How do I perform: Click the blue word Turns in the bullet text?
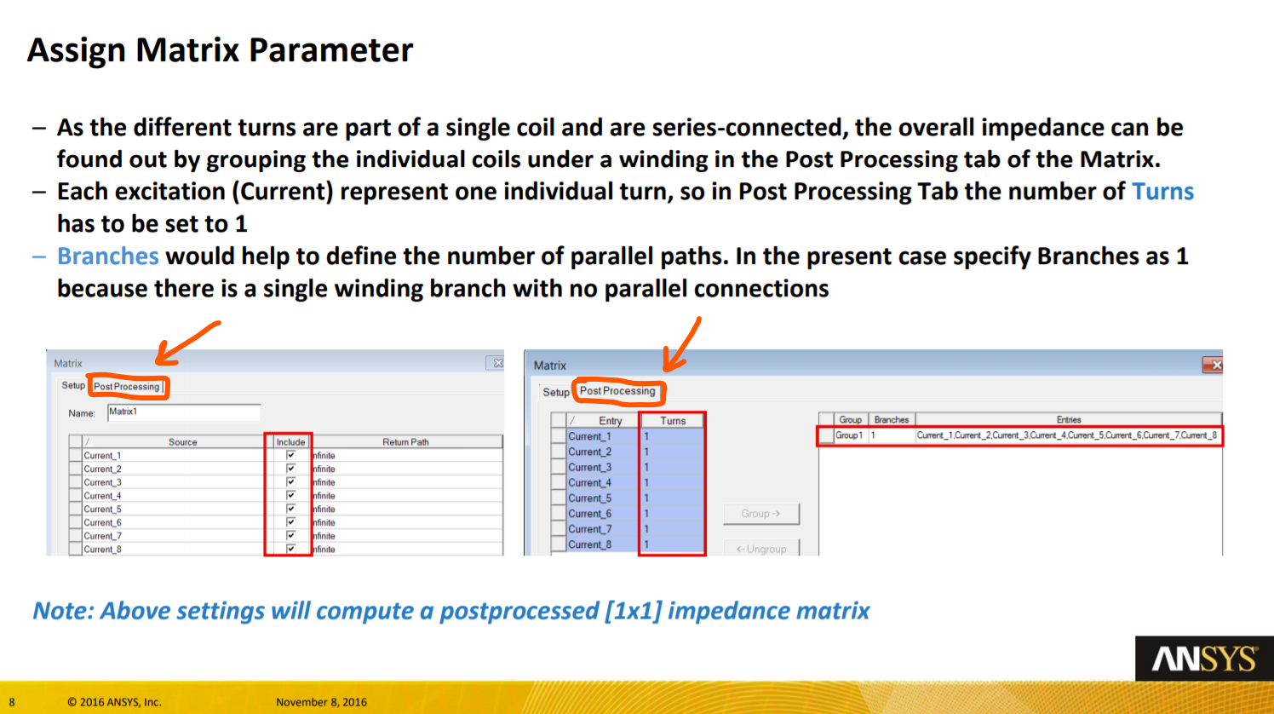[1162, 192]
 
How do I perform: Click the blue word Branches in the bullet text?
[107, 256]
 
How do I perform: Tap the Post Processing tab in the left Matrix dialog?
[127, 387]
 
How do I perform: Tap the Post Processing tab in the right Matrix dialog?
[617, 391]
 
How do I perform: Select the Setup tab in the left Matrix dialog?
[72, 386]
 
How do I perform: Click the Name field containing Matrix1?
[184, 412]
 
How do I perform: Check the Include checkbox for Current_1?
[290, 455]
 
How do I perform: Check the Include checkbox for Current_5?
[290, 509]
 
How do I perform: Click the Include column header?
[290, 442]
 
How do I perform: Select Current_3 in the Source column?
[102, 482]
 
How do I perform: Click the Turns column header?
[673, 421]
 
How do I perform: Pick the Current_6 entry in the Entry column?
[590, 514]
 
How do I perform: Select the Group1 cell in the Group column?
[849, 435]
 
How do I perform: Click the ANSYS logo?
[1205, 659]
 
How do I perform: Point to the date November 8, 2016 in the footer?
[321, 702]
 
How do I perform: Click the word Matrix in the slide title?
[187, 50]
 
